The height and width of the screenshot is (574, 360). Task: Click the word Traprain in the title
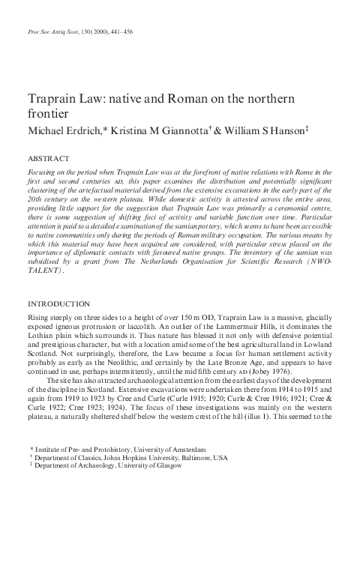pos(52,99)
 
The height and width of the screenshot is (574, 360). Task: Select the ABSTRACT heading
pos(48,159)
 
